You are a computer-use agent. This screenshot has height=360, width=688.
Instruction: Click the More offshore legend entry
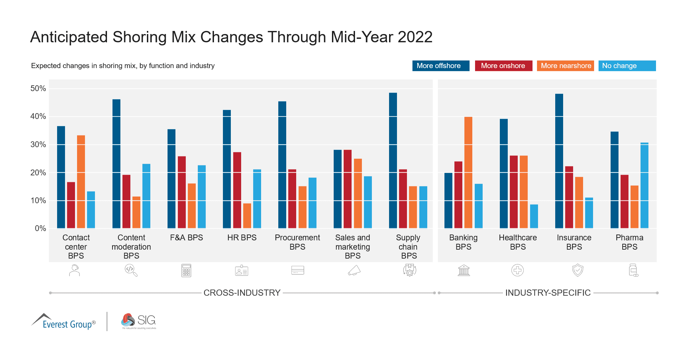(x=440, y=66)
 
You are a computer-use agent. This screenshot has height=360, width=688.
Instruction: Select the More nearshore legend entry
(x=565, y=66)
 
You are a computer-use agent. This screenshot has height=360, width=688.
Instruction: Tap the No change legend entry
(x=626, y=66)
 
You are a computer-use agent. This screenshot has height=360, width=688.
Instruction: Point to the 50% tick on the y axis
(x=38, y=89)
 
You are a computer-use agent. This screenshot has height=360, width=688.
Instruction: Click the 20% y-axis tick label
(x=38, y=173)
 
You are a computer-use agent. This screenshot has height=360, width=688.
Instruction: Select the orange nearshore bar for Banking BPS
(x=468, y=172)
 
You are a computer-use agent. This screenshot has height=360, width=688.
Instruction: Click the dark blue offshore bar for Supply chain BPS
(x=393, y=160)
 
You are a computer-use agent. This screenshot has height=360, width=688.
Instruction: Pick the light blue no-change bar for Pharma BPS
(x=644, y=185)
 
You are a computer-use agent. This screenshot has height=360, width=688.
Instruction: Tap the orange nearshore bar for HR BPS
(x=247, y=216)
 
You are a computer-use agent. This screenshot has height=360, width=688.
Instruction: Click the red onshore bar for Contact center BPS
(x=71, y=205)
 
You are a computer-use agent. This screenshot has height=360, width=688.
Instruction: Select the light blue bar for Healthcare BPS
(x=534, y=216)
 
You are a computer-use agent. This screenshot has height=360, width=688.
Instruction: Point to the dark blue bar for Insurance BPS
(x=559, y=161)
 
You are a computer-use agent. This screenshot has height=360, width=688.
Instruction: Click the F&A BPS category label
(x=186, y=238)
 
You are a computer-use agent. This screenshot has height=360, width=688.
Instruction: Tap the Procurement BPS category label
(x=297, y=242)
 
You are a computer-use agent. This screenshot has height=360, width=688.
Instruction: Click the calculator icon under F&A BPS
(x=186, y=271)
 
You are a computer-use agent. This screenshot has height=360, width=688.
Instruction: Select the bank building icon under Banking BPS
(x=464, y=270)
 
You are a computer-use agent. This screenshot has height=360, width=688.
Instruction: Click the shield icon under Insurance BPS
(x=578, y=270)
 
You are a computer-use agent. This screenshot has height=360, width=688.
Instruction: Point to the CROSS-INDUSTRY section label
(x=242, y=293)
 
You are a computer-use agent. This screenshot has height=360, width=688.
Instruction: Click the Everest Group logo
(x=64, y=321)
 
